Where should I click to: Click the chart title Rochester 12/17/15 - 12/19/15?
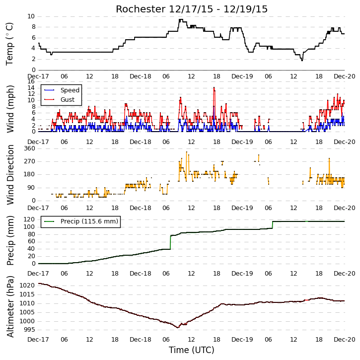(x=192, y=9)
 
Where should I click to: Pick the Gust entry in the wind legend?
(x=59, y=100)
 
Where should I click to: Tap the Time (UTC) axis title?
(x=192, y=350)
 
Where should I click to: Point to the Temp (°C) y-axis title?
(x=9, y=44)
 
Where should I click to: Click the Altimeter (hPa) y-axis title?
(x=10, y=306)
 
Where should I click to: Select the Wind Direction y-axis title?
(x=10, y=175)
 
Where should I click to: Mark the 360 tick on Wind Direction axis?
(x=30, y=148)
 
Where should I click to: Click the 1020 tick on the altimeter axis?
(x=27, y=286)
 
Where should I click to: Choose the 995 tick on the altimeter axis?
(x=29, y=330)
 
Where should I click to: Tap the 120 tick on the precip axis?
(x=30, y=219)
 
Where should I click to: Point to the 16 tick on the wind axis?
(x=31, y=81)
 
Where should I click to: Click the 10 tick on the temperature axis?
(x=31, y=16)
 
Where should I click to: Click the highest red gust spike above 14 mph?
(x=214, y=87)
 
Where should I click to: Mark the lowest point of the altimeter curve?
(x=177, y=327)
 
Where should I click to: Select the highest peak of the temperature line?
(x=181, y=20)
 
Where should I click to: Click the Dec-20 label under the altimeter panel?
(x=345, y=339)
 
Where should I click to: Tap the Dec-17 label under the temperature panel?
(x=38, y=76)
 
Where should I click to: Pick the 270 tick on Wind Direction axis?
(x=30, y=161)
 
